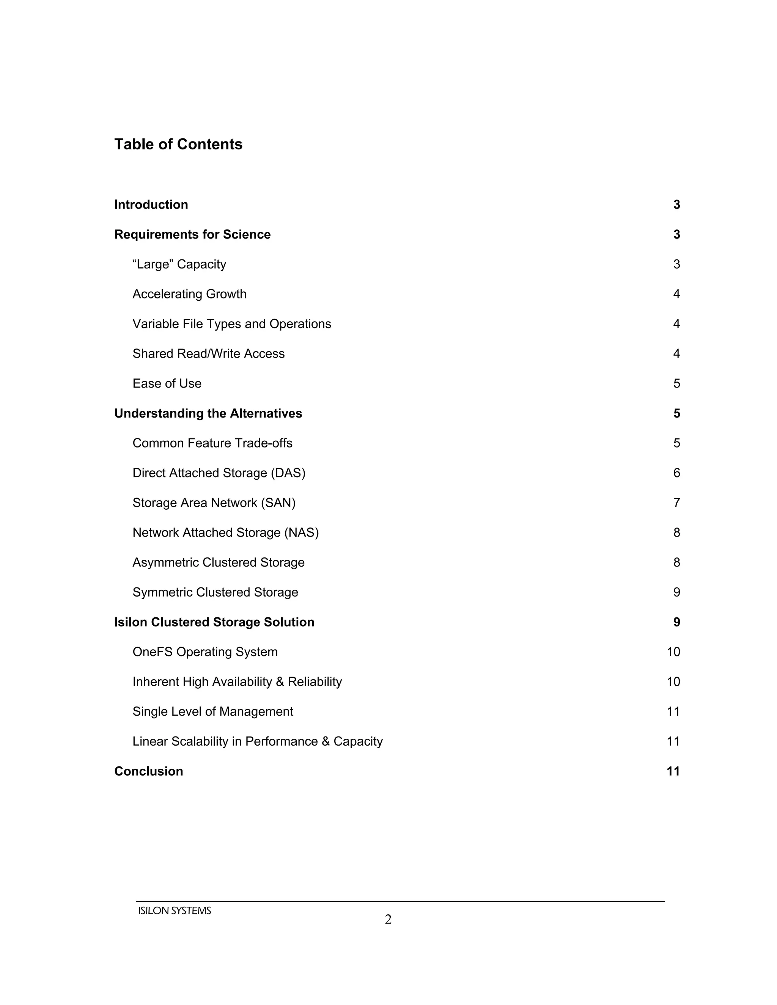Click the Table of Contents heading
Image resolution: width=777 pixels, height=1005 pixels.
point(178,144)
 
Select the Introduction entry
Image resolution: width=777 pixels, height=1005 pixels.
point(151,205)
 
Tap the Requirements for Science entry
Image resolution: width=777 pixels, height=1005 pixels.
point(192,235)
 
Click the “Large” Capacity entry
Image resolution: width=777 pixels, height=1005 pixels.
point(179,265)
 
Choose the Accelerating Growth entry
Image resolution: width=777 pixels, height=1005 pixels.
point(189,294)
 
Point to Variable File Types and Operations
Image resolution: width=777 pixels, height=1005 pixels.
point(231,324)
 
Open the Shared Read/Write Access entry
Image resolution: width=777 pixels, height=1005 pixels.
point(209,354)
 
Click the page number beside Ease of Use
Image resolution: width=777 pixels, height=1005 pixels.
point(676,384)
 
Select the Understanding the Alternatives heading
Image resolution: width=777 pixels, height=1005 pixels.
point(208,414)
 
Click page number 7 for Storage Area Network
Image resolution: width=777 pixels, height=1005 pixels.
point(676,503)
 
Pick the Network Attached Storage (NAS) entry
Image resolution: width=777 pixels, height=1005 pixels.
point(226,533)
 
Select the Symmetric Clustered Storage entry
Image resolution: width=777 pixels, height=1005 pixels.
point(215,592)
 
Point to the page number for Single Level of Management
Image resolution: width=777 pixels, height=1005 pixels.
point(673,712)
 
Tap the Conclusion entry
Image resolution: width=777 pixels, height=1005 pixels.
point(149,771)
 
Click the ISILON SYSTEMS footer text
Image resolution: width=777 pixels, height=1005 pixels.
point(175,911)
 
